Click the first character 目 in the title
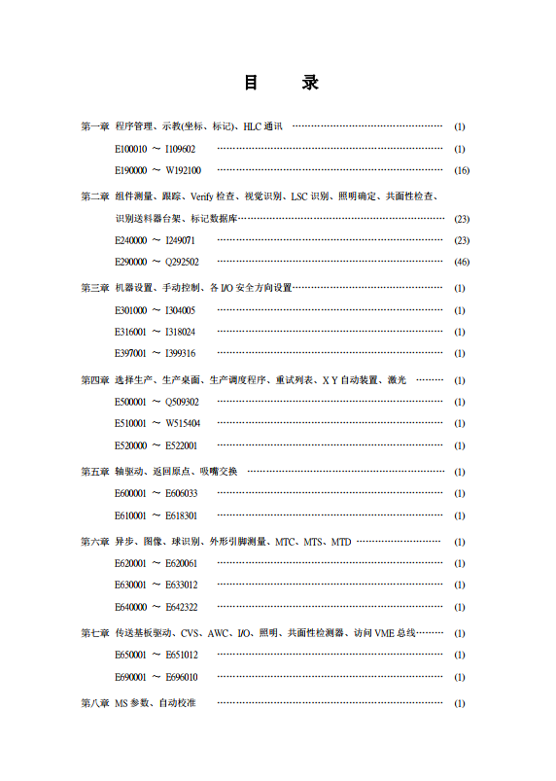(251, 84)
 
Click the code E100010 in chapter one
(130, 149)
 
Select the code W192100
(183, 170)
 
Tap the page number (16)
(462, 170)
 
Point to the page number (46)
(462, 262)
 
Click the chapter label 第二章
(94, 196)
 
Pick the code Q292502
(182, 262)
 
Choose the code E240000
(130, 240)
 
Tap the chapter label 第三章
(94, 288)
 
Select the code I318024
(180, 332)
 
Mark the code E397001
(130, 353)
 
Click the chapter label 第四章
(94, 380)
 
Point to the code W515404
(183, 423)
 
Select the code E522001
(181, 445)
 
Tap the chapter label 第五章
(94, 472)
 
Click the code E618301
(181, 515)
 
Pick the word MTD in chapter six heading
(341, 542)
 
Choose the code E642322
(181, 607)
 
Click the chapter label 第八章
(94, 703)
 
